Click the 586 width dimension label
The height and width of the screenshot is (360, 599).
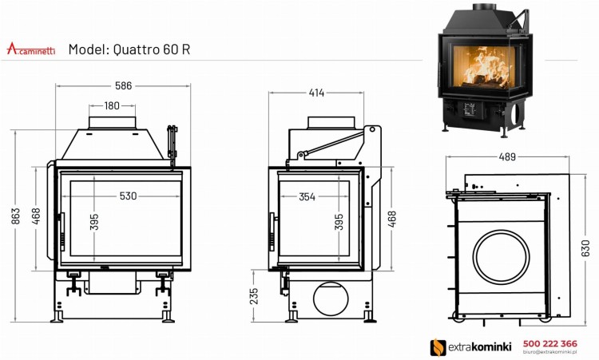[121, 85]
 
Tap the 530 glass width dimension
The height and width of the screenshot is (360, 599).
[128, 196]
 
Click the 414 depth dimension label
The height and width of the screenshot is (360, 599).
[316, 93]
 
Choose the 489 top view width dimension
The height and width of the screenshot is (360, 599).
[506, 157]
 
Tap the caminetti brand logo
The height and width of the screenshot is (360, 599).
[31, 49]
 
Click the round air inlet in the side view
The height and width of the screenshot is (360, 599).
[332, 300]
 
